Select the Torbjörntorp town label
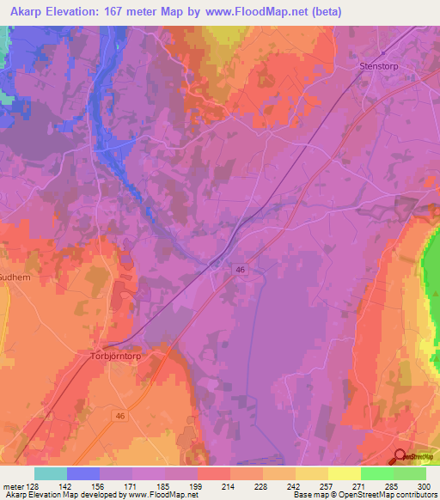pyautogui.click(x=115, y=352)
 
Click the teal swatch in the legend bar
pyautogui.click(x=51, y=473)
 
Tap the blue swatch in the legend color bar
pyautogui.click(x=83, y=473)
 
